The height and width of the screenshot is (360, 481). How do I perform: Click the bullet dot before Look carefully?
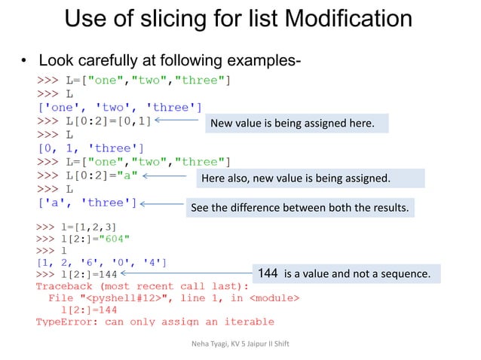pyautogui.click(x=24, y=59)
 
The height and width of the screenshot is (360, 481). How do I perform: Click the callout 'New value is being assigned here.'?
pyautogui.click(x=296, y=122)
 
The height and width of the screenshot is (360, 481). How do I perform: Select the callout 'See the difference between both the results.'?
pyautogui.click(x=301, y=206)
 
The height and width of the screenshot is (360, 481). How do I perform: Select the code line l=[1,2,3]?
pyautogui.click(x=76, y=225)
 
